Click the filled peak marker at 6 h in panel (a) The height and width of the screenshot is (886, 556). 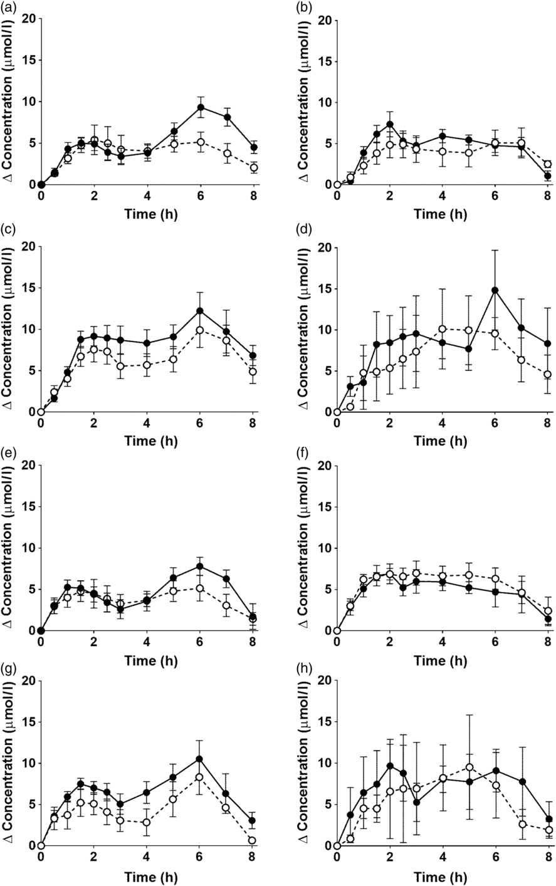click(201, 107)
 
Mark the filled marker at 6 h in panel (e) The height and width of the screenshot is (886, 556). click(201, 566)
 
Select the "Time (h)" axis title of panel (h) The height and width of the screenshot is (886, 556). click(443, 878)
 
